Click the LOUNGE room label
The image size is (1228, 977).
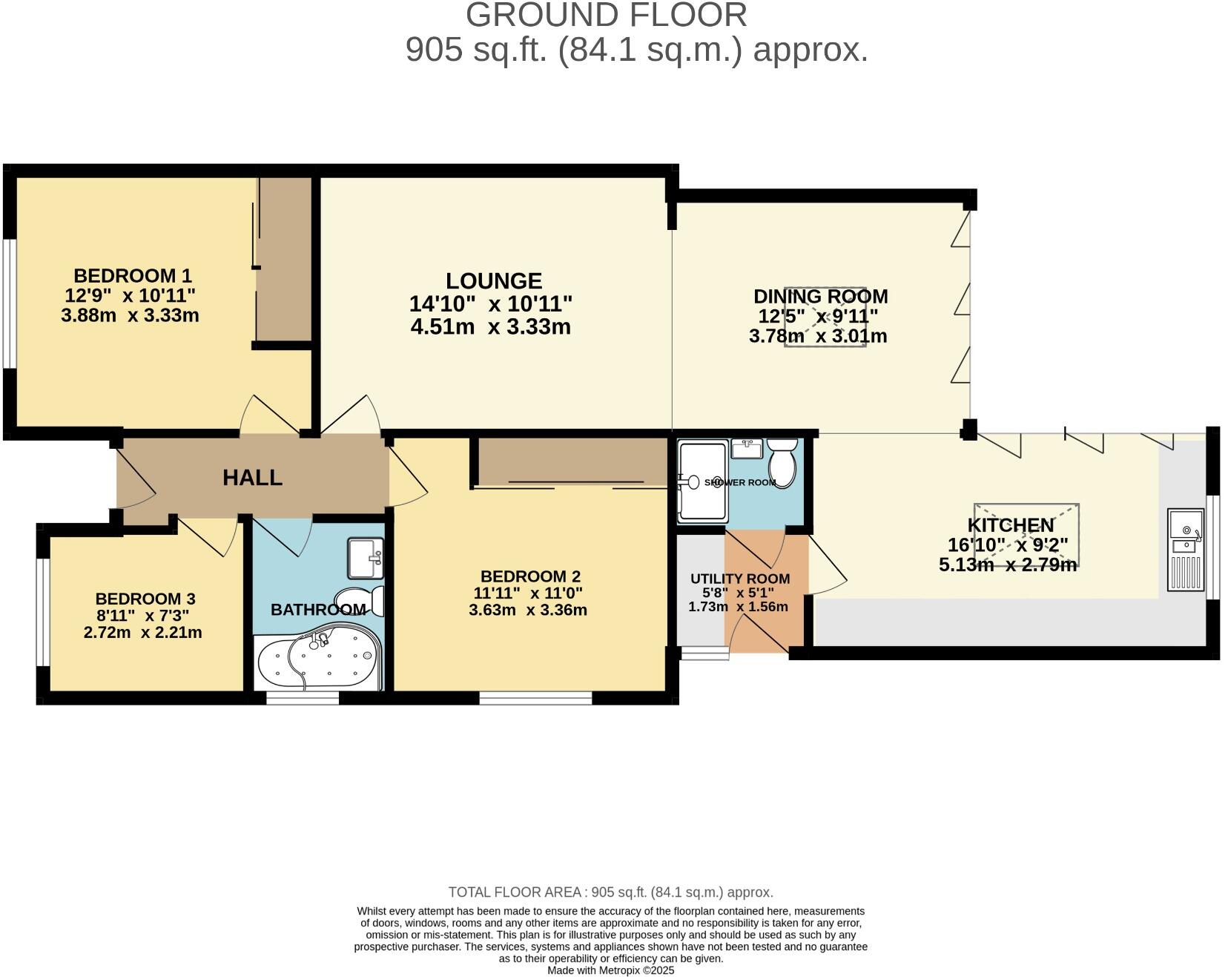[494, 281]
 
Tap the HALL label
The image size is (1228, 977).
[252, 478]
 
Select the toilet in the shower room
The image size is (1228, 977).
[782, 461]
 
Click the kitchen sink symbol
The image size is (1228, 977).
[1186, 550]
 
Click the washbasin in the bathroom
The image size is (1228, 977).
[366, 558]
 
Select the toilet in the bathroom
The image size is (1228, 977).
[360, 601]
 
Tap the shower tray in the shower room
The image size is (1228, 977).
[702, 481]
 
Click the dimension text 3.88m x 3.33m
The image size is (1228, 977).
[130, 315]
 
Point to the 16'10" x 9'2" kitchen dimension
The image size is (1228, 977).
[1008, 545]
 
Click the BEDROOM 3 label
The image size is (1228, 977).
[145, 599]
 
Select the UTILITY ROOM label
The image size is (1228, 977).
[739, 579]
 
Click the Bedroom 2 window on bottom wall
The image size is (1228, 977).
[535, 697]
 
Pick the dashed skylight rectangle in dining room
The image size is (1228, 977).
[825, 317]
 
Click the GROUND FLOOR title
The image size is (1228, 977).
[606, 16]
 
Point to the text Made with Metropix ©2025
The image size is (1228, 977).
[610, 970]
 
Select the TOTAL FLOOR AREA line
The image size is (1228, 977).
[610, 892]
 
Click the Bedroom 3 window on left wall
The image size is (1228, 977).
[42, 612]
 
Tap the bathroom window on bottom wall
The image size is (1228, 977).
[302, 697]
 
